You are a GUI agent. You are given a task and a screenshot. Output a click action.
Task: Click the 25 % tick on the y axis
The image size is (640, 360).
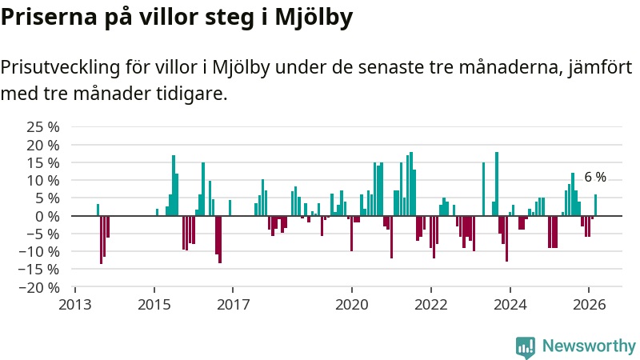pyautogui.click(x=43, y=127)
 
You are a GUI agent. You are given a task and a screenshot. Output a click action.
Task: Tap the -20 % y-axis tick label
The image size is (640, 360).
pyautogui.click(x=40, y=287)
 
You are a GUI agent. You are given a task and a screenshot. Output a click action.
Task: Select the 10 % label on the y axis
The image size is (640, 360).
pyautogui.click(x=43, y=180)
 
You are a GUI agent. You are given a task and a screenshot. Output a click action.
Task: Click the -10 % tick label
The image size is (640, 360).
pyautogui.click(x=40, y=251)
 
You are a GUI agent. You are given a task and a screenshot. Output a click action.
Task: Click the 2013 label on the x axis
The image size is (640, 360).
pyautogui.click(x=75, y=305)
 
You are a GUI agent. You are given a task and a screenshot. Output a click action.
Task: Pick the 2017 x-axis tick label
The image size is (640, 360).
pyautogui.click(x=233, y=305)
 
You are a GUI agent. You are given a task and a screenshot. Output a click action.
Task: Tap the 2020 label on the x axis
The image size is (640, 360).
pyautogui.click(x=351, y=305)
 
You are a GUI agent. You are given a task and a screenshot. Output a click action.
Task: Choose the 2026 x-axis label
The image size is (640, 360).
pyautogui.click(x=589, y=305)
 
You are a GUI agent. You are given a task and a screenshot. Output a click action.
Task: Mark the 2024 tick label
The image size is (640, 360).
pyautogui.click(x=510, y=305)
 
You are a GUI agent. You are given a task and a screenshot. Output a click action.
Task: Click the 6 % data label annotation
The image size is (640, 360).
pyautogui.click(x=595, y=178)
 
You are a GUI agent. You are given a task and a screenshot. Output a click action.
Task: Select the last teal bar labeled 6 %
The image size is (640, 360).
pyautogui.click(x=595, y=206)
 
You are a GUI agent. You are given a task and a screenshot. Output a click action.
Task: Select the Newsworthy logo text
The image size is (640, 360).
pyautogui.click(x=589, y=346)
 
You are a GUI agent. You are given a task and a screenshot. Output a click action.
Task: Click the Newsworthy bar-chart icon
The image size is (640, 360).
pyautogui.click(x=526, y=346)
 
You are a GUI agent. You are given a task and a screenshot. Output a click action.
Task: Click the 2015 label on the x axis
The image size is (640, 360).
pyautogui.click(x=154, y=305)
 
